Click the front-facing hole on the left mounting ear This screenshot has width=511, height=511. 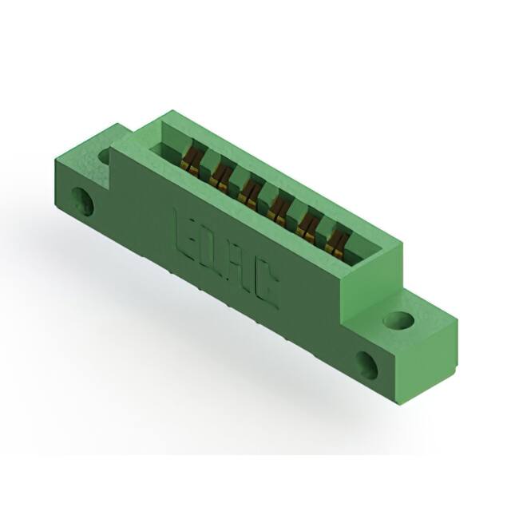coord(81,200)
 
